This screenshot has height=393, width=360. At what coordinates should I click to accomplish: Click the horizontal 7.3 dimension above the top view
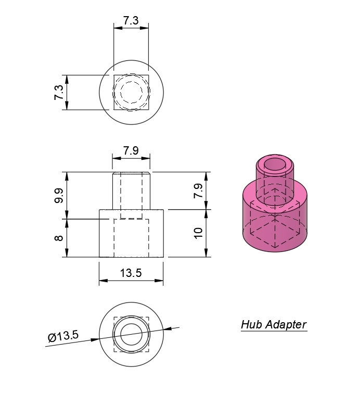(x=131, y=21)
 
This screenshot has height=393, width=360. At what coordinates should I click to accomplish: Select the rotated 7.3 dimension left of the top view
(x=59, y=93)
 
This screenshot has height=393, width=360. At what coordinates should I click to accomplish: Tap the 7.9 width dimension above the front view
(x=131, y=151)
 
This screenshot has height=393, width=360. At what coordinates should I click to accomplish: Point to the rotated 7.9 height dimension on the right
(x=198, y=191)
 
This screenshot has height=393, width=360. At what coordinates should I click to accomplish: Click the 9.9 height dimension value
(x=59, y=196)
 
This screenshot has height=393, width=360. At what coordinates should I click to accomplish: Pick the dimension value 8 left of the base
(x=59, y=238)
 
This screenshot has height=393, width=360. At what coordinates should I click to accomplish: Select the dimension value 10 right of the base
(x=198, y=233)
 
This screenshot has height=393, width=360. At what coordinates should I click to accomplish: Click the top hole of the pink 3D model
(x=276, y=166)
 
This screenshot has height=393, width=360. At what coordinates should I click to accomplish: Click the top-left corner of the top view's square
(x=114, y=75)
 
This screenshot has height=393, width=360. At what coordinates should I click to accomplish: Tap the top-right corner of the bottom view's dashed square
(x=149, y=317)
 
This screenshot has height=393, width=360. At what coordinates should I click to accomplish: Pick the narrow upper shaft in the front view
(x=131, y=190)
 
